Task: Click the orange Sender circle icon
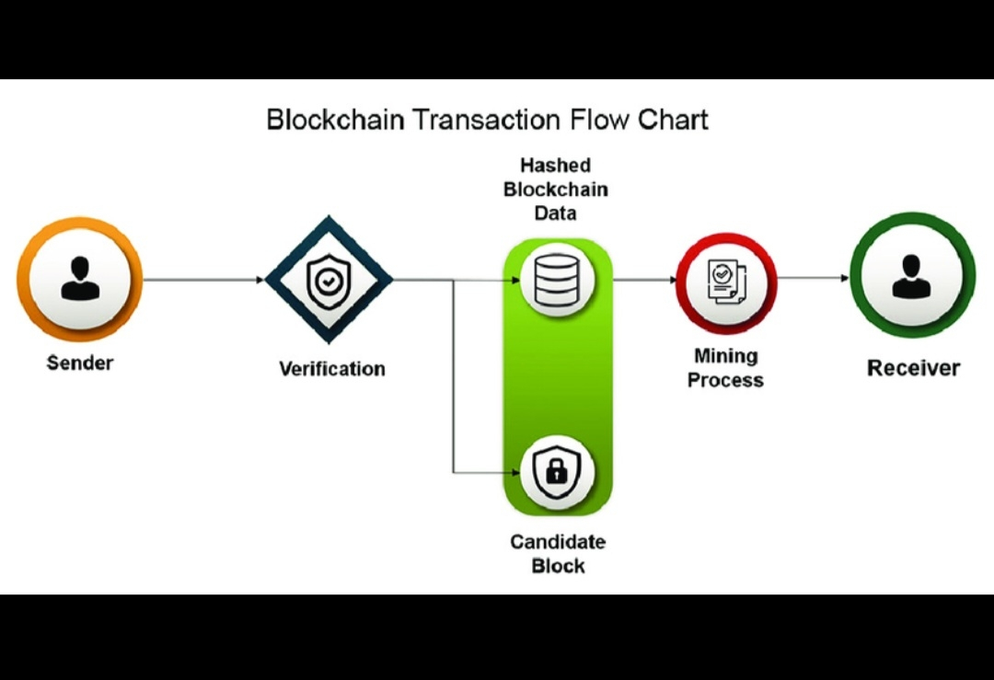[x=80, y=279]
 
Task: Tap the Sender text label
[x=80, y=363]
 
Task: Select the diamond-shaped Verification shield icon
[x=329, y=279]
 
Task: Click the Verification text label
[x=332, y=369]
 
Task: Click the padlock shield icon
[x=557, y=472]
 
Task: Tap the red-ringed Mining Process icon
[x=726, y=282]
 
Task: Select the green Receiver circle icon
[x=911, y=277]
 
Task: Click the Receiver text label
[x=913, y=368]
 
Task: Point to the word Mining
[x=726, y=356]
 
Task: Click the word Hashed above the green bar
[x=556, y=166]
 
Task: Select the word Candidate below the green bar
[x=558, y=542]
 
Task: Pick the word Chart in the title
[x=676, y=120]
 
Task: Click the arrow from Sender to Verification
[x=203, y=279]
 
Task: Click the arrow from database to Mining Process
[x=645, y=279]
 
